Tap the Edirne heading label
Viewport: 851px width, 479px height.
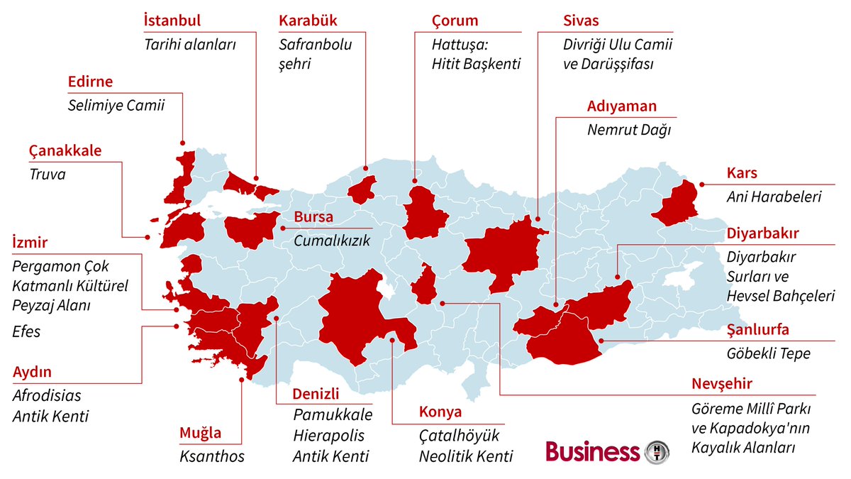pos(90,82)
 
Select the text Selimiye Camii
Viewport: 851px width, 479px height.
pos(116,106)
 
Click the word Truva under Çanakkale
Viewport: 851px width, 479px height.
pos(48,174)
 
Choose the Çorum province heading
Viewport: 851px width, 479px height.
pos(455,21)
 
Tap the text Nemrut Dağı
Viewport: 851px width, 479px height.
pos(628,131)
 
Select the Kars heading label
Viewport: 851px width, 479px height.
pos(742,173)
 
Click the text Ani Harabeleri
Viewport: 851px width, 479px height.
pos(774,197)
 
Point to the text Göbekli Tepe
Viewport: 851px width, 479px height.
pos(769,353)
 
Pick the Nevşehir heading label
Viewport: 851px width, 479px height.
pos(722,385)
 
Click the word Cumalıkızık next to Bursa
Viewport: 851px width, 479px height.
pos(332,241)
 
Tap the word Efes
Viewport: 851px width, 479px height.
pos(27,331)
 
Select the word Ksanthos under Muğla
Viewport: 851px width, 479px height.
pos(212,456)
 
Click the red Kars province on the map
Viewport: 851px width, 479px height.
pos(676,204)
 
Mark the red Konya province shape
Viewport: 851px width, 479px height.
pos(358,312)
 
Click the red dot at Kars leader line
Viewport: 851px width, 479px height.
pos(701,185)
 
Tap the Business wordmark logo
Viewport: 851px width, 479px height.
pos(592,451)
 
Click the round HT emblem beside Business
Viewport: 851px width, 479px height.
pos(657,451)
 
